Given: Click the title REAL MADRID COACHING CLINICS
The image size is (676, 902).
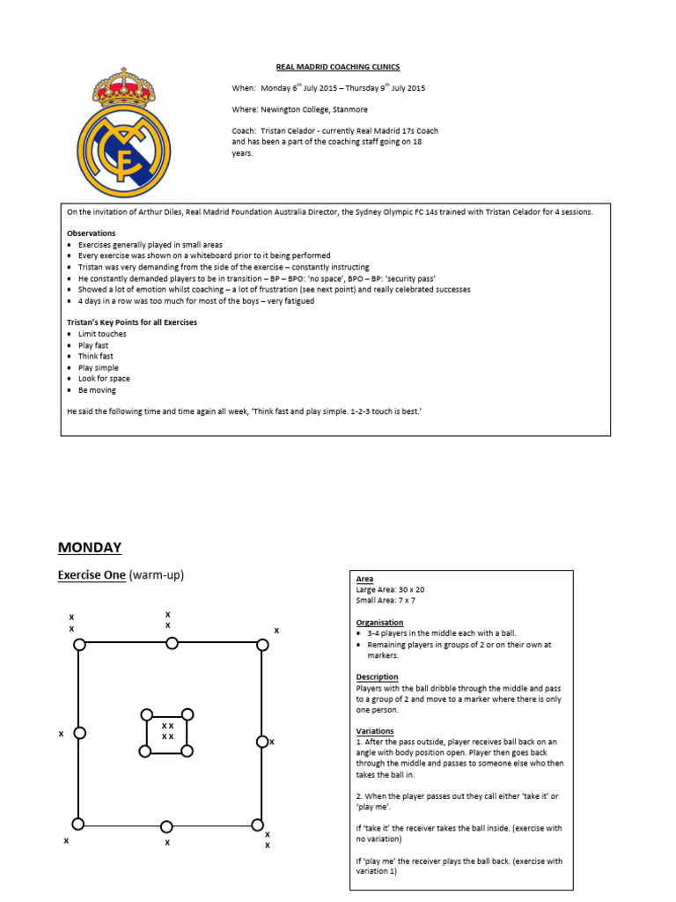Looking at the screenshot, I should tap(326, 67).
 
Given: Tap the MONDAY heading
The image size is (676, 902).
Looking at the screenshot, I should tap(90, 547).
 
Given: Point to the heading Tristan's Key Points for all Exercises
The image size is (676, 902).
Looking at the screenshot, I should tap(132, 322).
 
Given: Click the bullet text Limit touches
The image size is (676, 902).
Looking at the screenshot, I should tap(102, 334).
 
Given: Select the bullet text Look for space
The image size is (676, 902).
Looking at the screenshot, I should tap(104, 379).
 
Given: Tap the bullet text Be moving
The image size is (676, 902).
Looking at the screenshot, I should tap(97, 390).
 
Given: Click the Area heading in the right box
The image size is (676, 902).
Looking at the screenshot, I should tap(364, 579).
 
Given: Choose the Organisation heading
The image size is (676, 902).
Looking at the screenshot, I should tap(379, 623).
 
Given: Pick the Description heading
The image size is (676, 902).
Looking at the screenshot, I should tap(377, 677).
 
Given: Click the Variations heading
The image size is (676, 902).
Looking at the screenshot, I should tap(375, 731).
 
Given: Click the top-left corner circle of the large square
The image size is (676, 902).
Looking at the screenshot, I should tap(80, 645).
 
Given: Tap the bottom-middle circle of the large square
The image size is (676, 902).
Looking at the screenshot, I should tap(166, 826).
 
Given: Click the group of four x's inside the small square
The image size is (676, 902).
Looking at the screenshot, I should tap(167, 731).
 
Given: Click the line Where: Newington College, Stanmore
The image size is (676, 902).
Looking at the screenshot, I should tap(299, 109).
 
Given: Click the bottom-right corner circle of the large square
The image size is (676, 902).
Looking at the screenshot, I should tap(257, 825).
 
